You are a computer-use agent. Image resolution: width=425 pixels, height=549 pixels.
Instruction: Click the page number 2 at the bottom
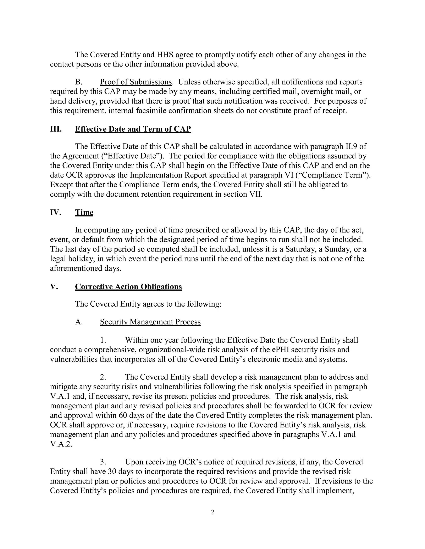[x=212, y=512]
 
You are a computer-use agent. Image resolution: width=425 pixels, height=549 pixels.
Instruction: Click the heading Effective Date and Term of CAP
[x=133, y=129]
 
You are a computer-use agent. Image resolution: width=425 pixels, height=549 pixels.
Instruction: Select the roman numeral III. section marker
[x=56, y=129]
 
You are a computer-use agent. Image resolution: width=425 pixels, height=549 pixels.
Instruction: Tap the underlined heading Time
[x=84, y=212]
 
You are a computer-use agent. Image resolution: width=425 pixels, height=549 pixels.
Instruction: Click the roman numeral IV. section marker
[x=56, y=212]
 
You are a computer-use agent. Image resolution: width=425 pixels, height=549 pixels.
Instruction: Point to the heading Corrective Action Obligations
[x=128, y=287]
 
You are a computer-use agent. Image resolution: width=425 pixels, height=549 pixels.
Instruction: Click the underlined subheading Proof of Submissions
[x=136, y=82]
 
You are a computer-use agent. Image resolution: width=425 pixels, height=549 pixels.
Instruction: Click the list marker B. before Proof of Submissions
[x=79, y=82]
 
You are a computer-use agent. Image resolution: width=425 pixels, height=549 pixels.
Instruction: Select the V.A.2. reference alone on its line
[x=61, y=444]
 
